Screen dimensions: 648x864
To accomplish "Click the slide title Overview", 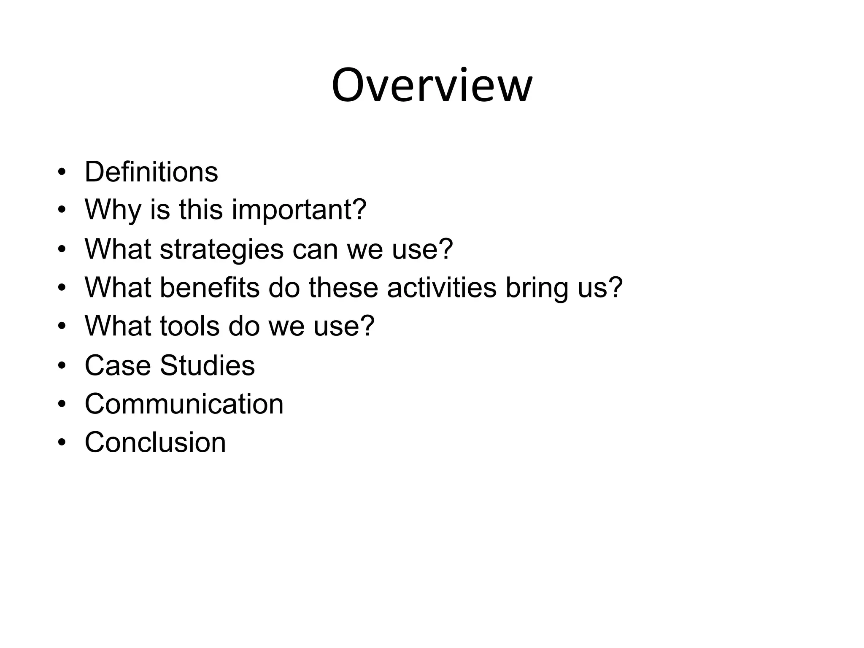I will coord(432,86).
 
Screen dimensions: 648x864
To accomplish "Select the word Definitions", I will coord(151,172).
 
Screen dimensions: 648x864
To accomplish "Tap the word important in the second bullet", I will coord(299,210).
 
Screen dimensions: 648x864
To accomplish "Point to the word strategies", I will coord(222,249).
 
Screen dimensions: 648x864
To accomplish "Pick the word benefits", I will coord(210,288).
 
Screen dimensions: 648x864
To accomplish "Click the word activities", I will coord(442,288).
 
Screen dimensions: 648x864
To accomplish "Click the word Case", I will coord(118,365).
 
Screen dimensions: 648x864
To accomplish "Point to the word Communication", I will coord(184,404).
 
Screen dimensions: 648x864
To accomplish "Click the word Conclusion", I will coord(155,442).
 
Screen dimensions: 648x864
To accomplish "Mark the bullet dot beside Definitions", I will coord(62,173).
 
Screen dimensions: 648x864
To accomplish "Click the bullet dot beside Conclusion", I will coord(62,443).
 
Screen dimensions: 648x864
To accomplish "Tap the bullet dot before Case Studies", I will coord(62,366).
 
